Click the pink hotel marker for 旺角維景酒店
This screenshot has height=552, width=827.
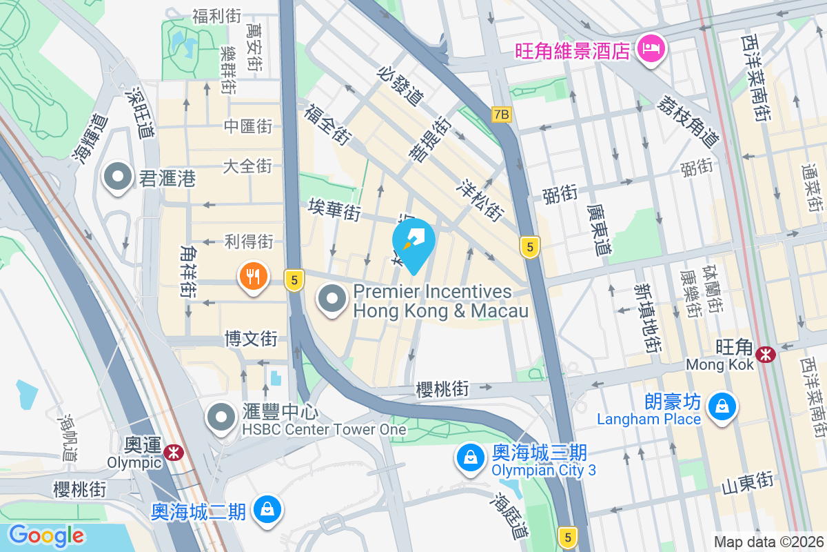[x=650, y=50]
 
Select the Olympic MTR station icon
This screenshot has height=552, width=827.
[x=174, y=452]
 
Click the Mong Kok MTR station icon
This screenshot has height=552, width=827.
[x=764, y=355]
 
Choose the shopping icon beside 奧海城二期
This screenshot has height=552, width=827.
[x=265, y=510]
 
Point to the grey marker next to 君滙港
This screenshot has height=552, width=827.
[x=118, y=177]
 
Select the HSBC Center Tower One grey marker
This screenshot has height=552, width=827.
[x=222, y=417]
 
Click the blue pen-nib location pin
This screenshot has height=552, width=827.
[x=413, y=244]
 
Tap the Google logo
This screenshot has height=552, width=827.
[x=47, y=535]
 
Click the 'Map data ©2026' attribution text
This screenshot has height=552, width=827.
[x=768, y=542]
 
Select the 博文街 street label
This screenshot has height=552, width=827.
[x=251, y=339]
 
